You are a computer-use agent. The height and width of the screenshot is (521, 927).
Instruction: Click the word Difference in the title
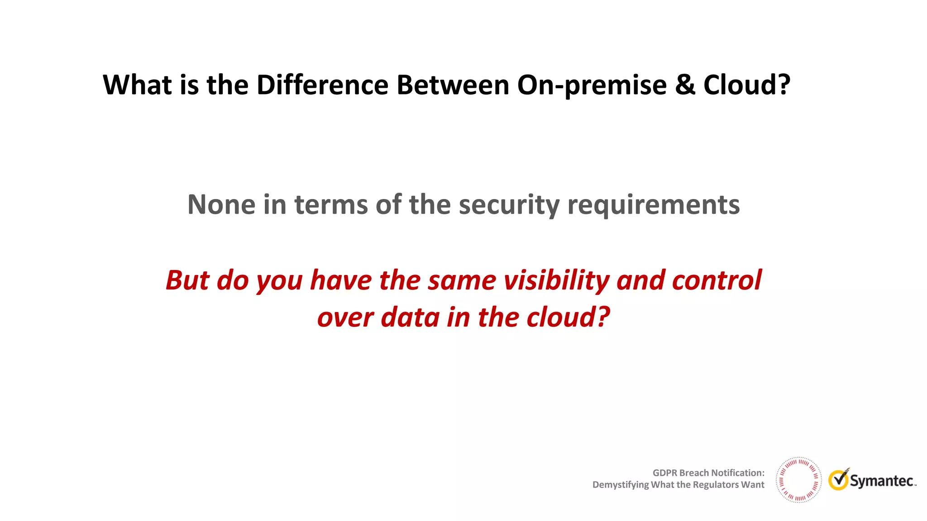pos(322,85)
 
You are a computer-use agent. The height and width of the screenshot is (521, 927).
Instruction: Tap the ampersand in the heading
pos(685,85)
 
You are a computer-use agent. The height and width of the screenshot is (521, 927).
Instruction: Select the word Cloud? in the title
pos(746,85)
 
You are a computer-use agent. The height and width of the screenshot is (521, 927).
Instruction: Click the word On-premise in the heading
pos(592,86)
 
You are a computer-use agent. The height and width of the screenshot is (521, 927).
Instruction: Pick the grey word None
pos(221,204)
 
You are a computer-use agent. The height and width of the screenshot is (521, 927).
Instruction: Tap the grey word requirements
pos(653,205)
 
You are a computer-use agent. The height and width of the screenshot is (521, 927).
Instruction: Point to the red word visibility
pos(556,281)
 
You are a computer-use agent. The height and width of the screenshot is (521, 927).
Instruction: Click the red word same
pos(462,281)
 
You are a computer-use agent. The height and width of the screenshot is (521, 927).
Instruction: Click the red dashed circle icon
pos(798,480)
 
